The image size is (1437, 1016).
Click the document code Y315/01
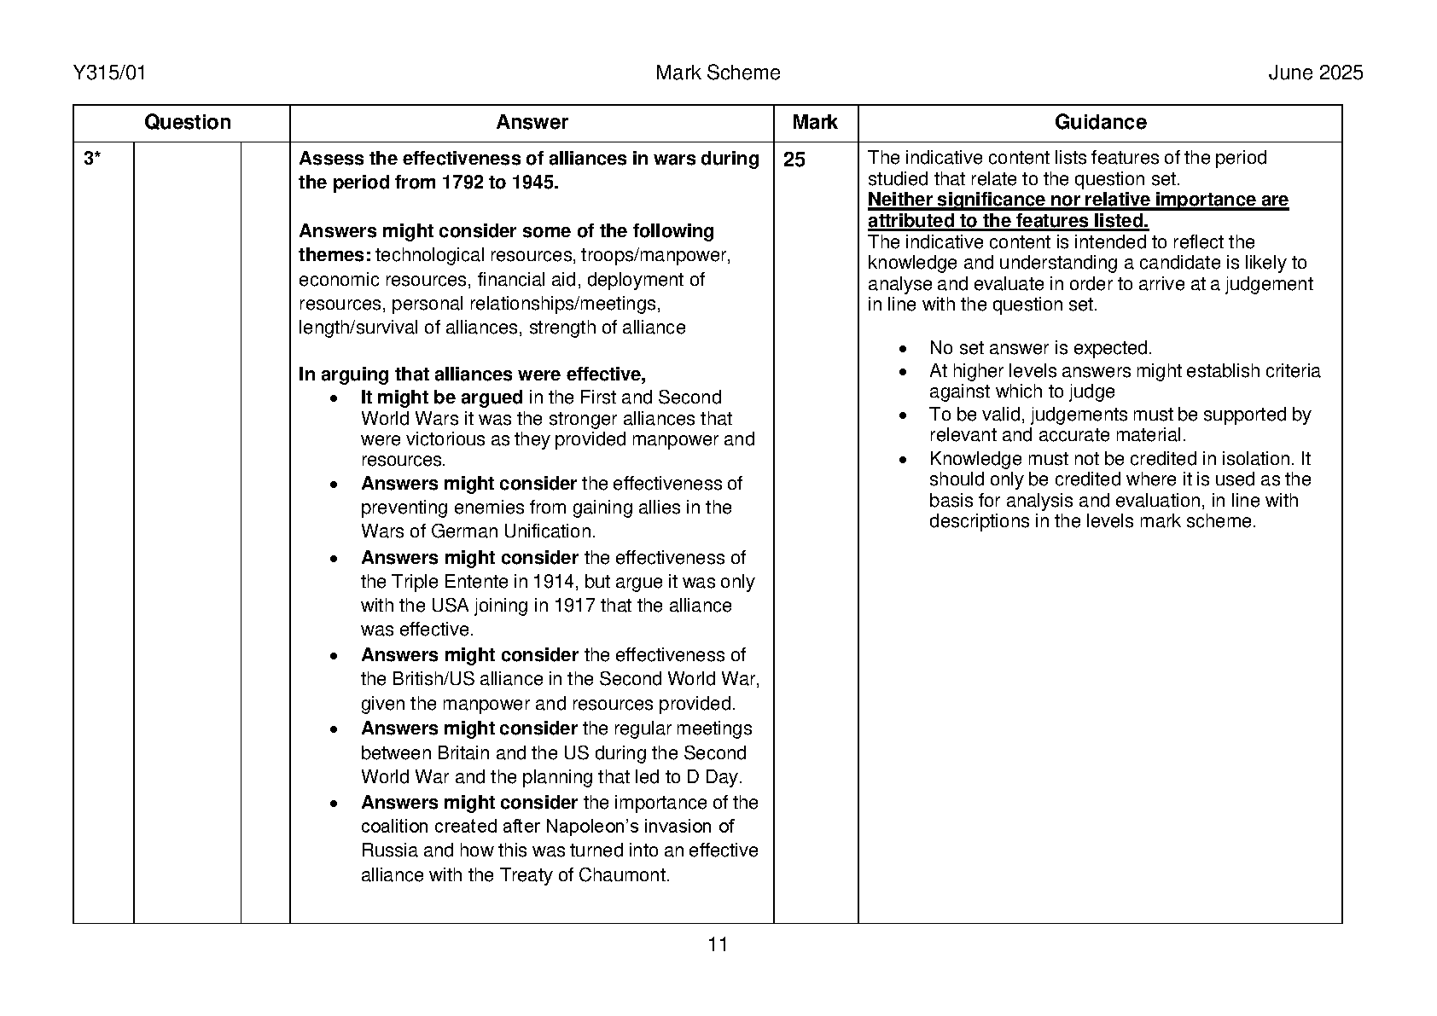coord(110,73)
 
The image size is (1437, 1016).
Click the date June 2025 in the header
coord(1315,73)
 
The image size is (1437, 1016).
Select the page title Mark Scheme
coord(718,73)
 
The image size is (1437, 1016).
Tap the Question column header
coord(188,123)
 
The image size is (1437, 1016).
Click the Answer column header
coord(532,123)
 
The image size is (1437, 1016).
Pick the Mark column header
coord(815,123)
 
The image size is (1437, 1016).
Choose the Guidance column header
coord(1100,123)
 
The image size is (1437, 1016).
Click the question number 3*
coord(92,160)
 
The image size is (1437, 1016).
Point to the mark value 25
coord(794,160)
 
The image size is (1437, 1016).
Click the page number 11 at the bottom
coord(718,944)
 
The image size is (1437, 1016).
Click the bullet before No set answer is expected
coord(904,349)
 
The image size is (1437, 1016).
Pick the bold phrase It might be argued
coord(441,398)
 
